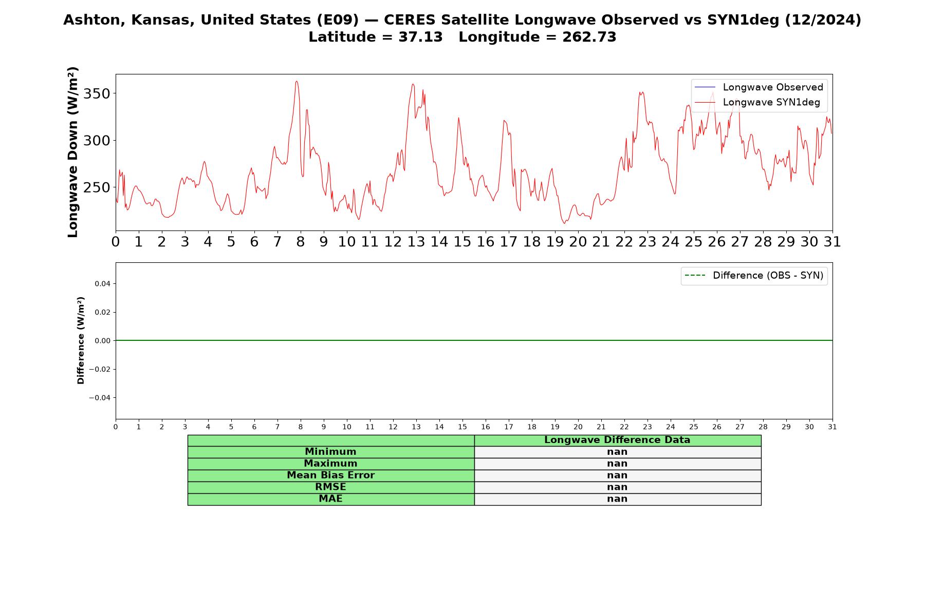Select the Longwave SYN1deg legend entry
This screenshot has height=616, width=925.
point(757,102)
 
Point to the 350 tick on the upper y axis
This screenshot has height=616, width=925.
point(97,94)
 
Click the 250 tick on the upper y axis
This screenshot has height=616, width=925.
point(97,187)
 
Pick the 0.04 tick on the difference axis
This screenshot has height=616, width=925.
point(102,283)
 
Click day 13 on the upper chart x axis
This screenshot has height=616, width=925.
point(416,242)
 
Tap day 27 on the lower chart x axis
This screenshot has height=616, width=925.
point(740,427)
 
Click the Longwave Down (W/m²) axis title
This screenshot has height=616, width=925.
point(73,152)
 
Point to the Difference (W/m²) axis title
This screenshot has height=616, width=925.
point(81,340)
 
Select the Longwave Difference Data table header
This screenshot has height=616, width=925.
point(617,440)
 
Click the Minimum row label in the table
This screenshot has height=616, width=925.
point(330,452)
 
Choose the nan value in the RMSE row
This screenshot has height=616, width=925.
point(617,487)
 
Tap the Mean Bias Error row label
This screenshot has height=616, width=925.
point(330,475)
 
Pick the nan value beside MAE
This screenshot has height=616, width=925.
point(617,499)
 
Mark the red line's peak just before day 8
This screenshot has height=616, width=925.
point(297,81)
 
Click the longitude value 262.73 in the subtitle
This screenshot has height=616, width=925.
point(589,37)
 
